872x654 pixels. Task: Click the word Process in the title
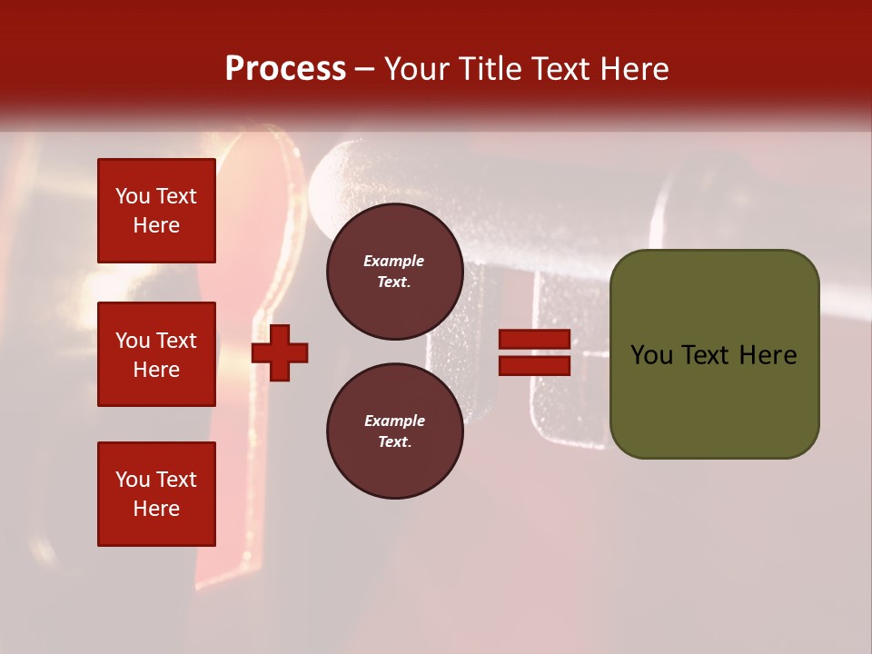285,69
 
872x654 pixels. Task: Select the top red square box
156,211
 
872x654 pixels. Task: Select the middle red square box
156,354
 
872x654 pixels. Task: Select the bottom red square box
156,494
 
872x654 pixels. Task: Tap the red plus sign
280,352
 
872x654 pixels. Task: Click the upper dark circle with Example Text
394,272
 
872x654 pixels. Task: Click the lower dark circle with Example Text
394,431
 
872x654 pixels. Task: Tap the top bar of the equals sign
534,340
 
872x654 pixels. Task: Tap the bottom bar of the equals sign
534,366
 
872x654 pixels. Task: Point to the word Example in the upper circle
394,261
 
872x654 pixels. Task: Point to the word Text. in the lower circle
394,442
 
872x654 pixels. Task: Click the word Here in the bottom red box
156,509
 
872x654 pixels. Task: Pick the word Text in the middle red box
175,341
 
